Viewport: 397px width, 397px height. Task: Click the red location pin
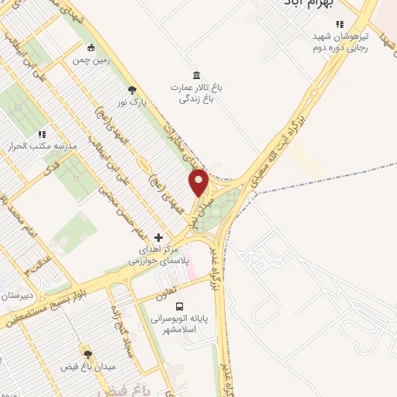pos(199,182)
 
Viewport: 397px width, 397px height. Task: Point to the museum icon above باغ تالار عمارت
pos(196,75)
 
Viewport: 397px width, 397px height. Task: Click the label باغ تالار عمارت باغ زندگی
pos(196,93)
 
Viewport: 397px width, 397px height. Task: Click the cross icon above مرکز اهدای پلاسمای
pos(159,237)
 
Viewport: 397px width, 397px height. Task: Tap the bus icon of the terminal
pos(179,306)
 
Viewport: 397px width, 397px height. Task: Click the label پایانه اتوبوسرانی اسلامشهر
pos(181,323)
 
